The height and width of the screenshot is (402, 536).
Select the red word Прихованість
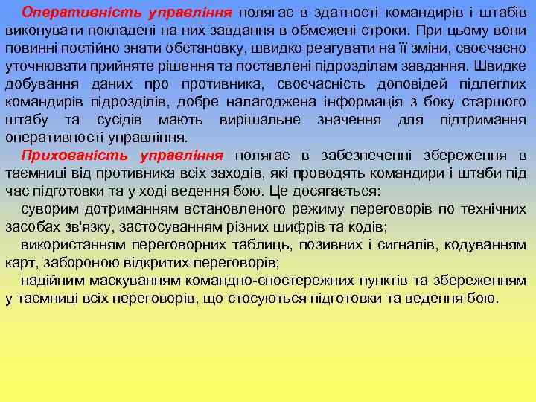coord(66,156)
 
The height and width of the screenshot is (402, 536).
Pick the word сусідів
coord(132,120)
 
